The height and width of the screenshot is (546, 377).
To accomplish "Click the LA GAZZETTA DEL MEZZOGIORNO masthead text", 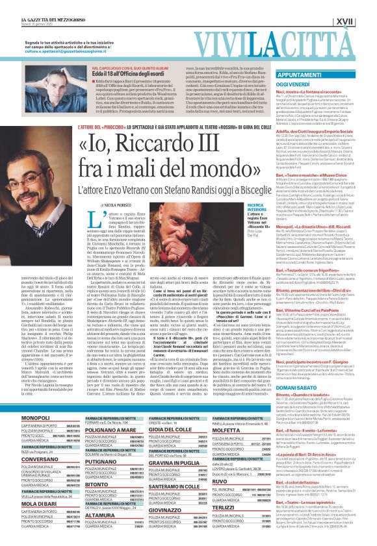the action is (x=45, y=5).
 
